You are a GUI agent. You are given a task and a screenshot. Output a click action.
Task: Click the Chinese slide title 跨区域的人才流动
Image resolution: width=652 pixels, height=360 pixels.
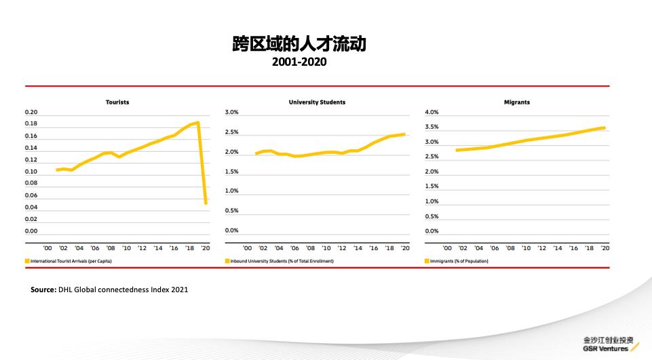coord(299,44)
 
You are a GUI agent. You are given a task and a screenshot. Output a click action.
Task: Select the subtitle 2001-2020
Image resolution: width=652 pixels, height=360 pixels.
coord(299,62)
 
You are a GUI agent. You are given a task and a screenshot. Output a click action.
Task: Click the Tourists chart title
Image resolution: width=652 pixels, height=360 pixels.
coord(117,102)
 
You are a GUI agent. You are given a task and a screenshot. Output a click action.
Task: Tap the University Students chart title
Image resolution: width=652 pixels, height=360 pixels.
coord(317,102)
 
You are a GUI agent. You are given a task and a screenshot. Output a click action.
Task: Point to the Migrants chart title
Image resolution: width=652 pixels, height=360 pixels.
coord(516,102)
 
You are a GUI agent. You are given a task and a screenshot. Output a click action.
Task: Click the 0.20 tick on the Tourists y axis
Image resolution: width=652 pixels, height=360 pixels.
coord(31,112)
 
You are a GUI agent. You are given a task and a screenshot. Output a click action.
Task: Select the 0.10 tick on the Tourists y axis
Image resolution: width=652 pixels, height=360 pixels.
coord(31,172)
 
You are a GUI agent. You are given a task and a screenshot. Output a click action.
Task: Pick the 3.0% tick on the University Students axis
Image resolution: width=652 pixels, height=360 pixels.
coord(231,112)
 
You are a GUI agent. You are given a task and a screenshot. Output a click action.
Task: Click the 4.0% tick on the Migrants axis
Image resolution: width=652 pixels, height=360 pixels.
coord(432,112)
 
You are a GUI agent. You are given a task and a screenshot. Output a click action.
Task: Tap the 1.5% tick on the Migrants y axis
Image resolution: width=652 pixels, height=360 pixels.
coord(432,186)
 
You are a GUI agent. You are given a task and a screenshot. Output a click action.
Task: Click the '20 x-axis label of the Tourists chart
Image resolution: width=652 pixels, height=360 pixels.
coord(205,248)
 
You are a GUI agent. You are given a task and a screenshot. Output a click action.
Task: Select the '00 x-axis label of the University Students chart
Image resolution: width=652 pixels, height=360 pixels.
coord(247,248)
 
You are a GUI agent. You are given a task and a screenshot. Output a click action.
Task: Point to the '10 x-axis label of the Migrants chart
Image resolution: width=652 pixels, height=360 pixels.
coord(526,248)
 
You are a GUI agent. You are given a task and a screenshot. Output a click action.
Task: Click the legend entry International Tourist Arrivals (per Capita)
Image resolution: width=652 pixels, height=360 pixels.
coord(71,261)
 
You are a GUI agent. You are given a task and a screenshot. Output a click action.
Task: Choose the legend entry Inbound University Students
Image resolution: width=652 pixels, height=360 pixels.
coord(282,261)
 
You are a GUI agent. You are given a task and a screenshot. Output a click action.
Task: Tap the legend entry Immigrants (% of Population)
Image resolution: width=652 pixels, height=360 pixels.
coord(459,261)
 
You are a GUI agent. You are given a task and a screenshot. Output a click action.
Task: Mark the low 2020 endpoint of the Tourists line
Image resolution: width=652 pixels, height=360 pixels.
coord(206,202)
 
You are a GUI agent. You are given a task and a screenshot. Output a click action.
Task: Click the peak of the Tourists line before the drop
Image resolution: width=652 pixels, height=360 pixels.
coord(197,123)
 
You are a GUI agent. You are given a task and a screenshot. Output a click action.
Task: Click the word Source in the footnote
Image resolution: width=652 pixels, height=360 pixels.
coord(43,289)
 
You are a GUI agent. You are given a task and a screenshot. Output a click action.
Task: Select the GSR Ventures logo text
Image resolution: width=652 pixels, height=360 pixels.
coord(605,348)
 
